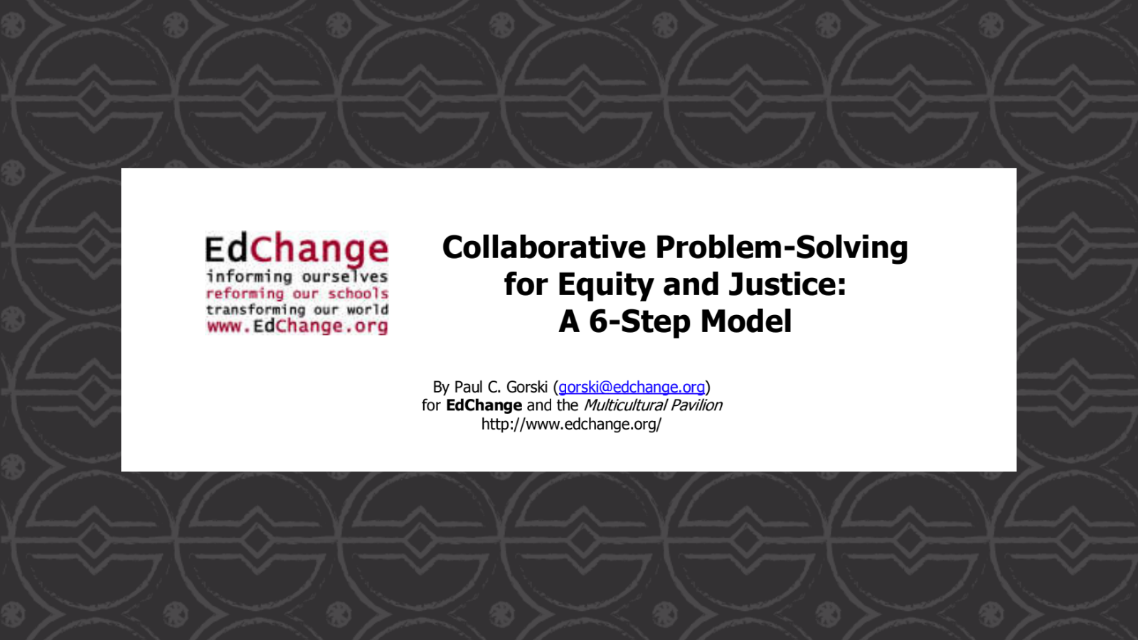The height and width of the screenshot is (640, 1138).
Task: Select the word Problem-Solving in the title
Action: pyautogui.click(x=782, y=248)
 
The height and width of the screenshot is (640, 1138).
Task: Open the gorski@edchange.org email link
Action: pyautogui.click(x=632, y=387)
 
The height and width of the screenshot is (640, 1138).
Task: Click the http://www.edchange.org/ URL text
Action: pyautogui.click(x=571, y=424)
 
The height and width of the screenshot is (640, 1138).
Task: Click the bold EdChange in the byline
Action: pyautogui.click(x=484, y=405)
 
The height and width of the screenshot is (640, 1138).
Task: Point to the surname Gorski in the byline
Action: pyautogui.click(x=527, y=387)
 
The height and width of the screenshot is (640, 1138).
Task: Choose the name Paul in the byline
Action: pyautogui.click(x=469, y=387)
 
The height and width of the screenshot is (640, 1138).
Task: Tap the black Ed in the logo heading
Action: pyautogui.click(x=227, y=249)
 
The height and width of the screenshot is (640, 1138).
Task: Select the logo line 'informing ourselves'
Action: pyautogui.click(x=297, y=277)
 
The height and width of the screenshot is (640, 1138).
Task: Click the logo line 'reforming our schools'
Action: pyautogui.click(x=297, y=294)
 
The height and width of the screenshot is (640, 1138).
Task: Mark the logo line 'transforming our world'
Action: pyautogui.click(x=297, y=310)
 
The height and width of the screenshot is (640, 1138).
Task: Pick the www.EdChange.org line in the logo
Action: pyautogui.click(x=297, y=326)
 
